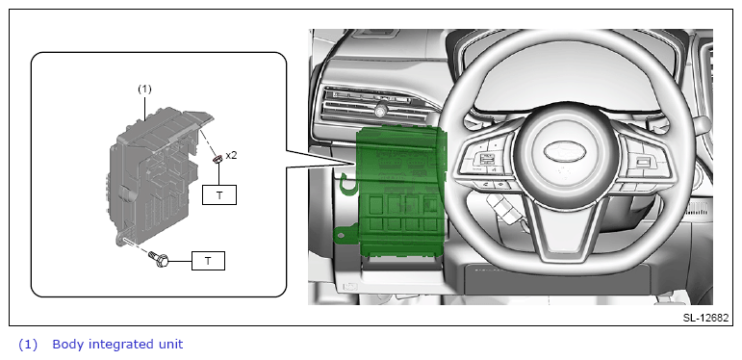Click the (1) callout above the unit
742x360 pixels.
(144, 89)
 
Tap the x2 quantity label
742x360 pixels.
(231, 155)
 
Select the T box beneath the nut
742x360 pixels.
(219, 194)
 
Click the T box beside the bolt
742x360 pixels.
(208, 261)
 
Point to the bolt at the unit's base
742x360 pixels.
(159, 258)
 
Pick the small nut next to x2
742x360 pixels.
(217, 160)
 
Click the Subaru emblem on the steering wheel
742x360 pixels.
(564, 151)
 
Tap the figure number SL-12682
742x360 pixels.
(705, 318)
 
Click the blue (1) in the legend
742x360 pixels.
(28, 344)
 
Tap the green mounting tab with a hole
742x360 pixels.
(345, 233)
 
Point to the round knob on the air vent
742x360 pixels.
(380, 111)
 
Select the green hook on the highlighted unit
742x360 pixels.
(346, 185)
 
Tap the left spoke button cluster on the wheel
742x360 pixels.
(485, 162)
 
